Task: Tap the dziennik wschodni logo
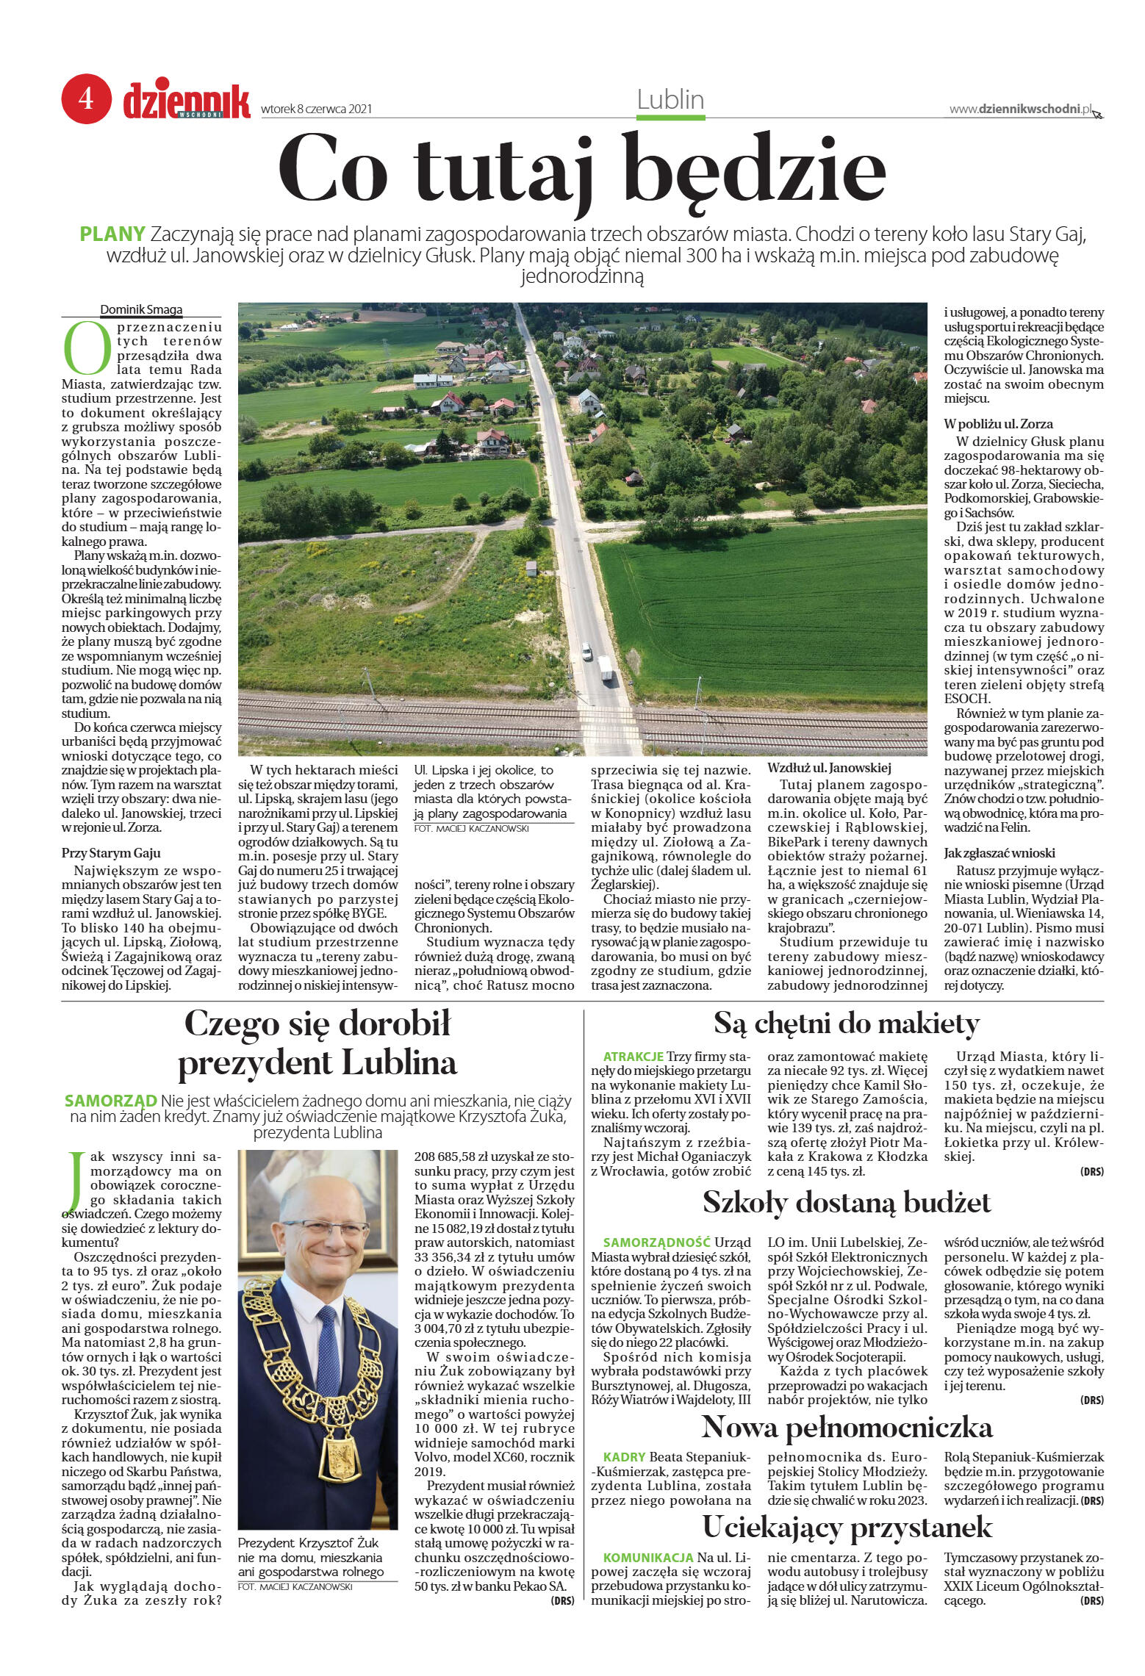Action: (187, 100)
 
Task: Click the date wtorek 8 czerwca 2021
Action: (316, 109)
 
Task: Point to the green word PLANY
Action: (112, 235)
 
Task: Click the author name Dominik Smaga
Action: (141, 310)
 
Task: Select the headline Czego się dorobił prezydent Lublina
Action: (317, 1043)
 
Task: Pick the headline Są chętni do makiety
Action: (847, 1023)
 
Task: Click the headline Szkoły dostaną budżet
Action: (847, 1202)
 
